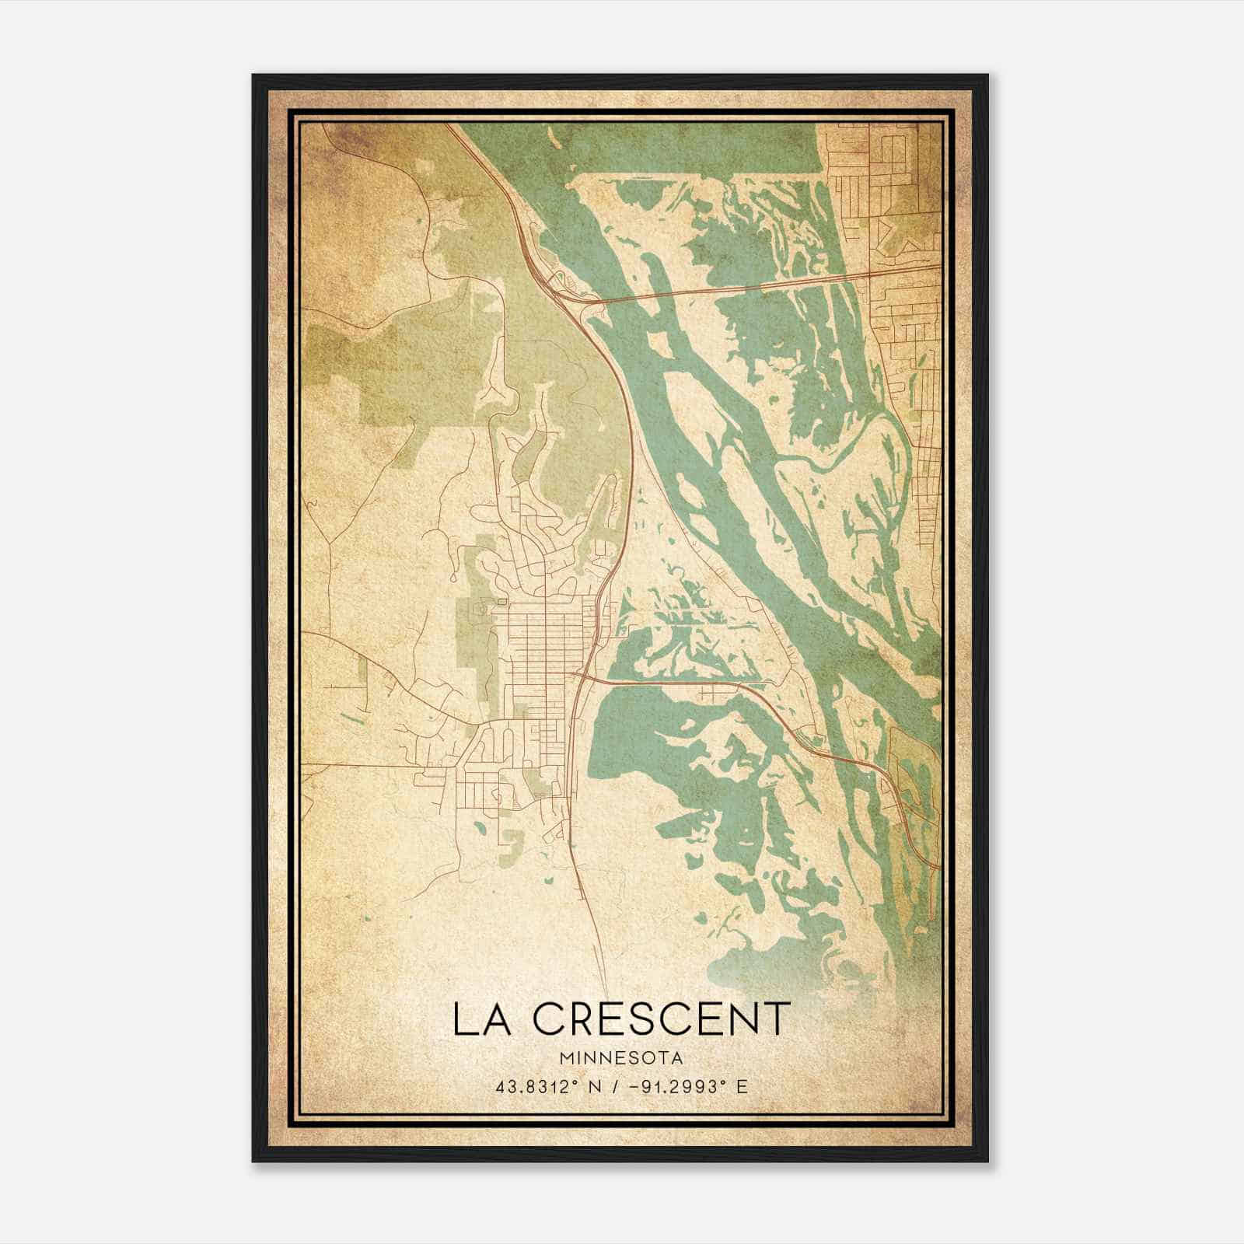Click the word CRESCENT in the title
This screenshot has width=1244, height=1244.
point(663,1019)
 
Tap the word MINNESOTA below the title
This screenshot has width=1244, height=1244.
point(620,1058)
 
